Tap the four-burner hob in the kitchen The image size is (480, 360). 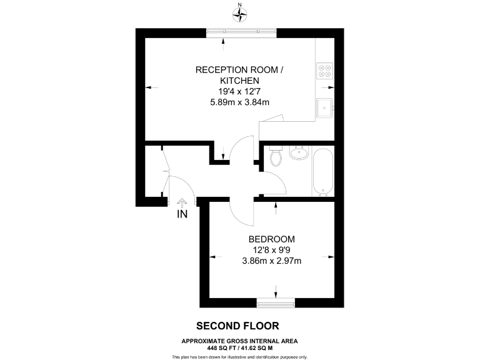[325, 71]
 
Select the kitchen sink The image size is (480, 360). [325, 108]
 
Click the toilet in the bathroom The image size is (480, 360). [276, 158]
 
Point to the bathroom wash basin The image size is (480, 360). [298, 152]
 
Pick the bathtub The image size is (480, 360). [324, 171]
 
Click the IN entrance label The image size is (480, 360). [182, 214]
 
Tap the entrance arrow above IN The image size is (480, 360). [182, 202]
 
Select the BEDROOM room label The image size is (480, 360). [271, 239]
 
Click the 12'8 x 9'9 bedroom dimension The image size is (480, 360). [271, 250]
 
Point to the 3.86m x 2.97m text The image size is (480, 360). [271, 261]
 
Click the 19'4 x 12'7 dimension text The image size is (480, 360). [239, 91]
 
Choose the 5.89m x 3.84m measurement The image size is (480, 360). [239, 102]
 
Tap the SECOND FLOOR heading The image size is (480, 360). [237, 326]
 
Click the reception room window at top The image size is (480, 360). [242, 32]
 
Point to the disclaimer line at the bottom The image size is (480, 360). [240, 356]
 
